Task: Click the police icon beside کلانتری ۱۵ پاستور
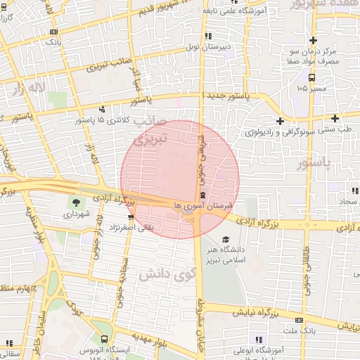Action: coord(103,109)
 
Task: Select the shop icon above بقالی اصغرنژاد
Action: coord(131,217)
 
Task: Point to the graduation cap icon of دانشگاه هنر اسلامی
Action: coord(226,240)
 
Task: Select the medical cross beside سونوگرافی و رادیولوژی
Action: coord(281,121)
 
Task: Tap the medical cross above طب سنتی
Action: coord(335,118)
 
